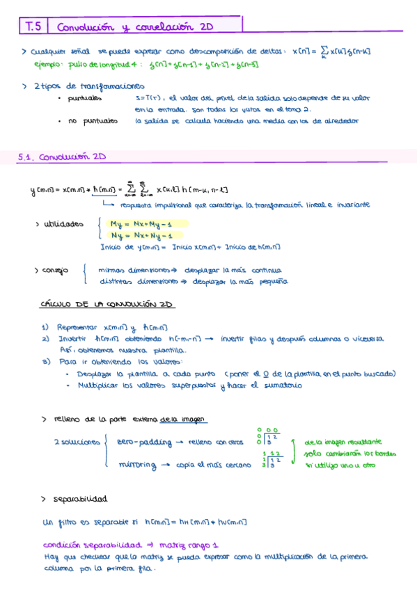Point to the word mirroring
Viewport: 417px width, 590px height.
pyautogui.click(x=138, y=464)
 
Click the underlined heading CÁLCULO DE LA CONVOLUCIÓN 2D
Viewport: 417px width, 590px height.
pyautogui.click(x=108, y=305)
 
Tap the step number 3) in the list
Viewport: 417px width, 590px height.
pyautogui.click(x=45, y=362)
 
